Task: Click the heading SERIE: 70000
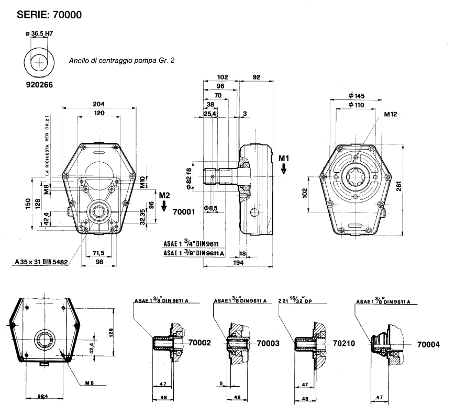tap(50, 15)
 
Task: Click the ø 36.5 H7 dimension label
tap(40, 34)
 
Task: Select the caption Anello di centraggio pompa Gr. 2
tap(121, 60)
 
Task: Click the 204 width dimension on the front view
tap(99, 104)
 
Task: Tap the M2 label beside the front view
tap(165, 195)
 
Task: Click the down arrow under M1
tap(284, 169)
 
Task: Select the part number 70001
tap(184, 212)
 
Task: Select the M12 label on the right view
tap(390, 114)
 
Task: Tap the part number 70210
tap(343, 344)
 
